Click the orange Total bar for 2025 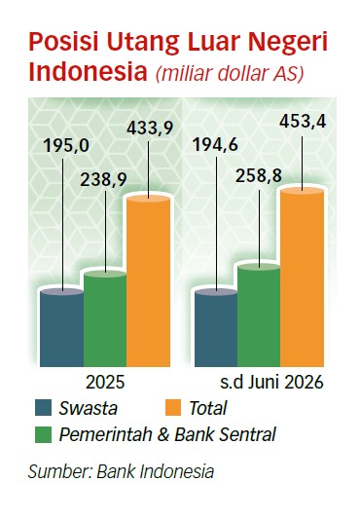pyautogui.click(x=148, y=280)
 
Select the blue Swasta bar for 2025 pyautogui.click(x=62, y=328)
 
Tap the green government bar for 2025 pyautogui.click(x=105, y=318)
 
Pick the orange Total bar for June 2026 pyautogui.click(x=302, y=277)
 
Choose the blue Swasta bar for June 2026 pyautogui.click(x=216, y=328)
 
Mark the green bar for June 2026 pyautogui.click(x=259, y=315)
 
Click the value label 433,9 pyautogui.click(x=150, y=129)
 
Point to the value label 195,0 pyautogui.click(x=66, y=146)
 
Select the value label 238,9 pyautogui.click(x=103, y=181)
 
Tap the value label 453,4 pyautogui.click(x=303, y=122)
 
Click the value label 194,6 pyautogui.click(x=215, y=145)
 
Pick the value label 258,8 pyautogui.click(x=259, y=176)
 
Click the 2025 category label pyautogui.click(x=105, y=383)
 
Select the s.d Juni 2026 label pyautogui.click(x=271, y=383)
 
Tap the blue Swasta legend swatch pyautogui.click(x=44, y=408)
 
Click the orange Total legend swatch pyautogui.click(x=173, y=408)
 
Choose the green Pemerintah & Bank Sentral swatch pyautogui.click(x=44, y=434)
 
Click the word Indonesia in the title pyautogui.click(x=88, y=71)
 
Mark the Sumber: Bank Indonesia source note pyautogui.click(x=121, y=471)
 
